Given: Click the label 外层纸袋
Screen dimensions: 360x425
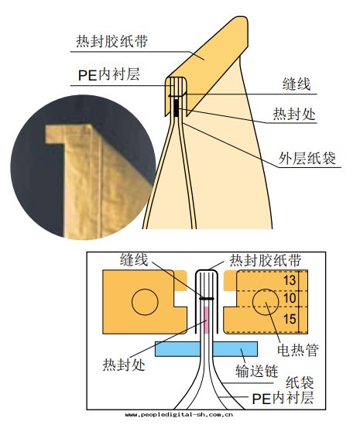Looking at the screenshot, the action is tap(307, 158).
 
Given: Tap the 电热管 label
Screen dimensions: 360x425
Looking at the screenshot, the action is tap(297, 350).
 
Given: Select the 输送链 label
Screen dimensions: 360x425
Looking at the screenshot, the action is tap(257, 371).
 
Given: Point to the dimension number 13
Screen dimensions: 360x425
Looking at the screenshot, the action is tap(290, 280).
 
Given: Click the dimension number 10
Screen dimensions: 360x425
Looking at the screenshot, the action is tap(290, 298).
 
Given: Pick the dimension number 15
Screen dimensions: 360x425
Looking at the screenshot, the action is tap(290, 319).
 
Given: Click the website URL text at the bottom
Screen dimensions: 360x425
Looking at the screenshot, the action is tap(179, 414).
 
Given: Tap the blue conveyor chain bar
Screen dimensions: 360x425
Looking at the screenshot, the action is tap(206, 349).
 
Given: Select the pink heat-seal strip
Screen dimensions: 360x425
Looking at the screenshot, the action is tap(206, 320).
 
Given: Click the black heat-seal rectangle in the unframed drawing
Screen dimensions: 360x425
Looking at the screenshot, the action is tap(177, 108).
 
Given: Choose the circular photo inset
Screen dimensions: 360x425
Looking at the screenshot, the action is tap(83, 167).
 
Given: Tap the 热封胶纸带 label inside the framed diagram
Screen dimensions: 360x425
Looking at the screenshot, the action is tap(266, 260).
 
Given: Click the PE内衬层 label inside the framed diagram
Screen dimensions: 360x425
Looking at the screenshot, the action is tap(283, 398).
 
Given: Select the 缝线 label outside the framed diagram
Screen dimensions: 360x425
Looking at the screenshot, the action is tap(297, 84).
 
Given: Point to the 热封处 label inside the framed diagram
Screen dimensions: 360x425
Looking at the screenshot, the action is tap(124, 365).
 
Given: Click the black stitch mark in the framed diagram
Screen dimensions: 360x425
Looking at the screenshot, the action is tap(207, 298).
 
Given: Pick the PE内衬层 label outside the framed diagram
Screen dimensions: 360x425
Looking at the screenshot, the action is tap(108, 74).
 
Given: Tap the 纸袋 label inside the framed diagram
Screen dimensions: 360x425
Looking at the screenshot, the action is tap(300, 382).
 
